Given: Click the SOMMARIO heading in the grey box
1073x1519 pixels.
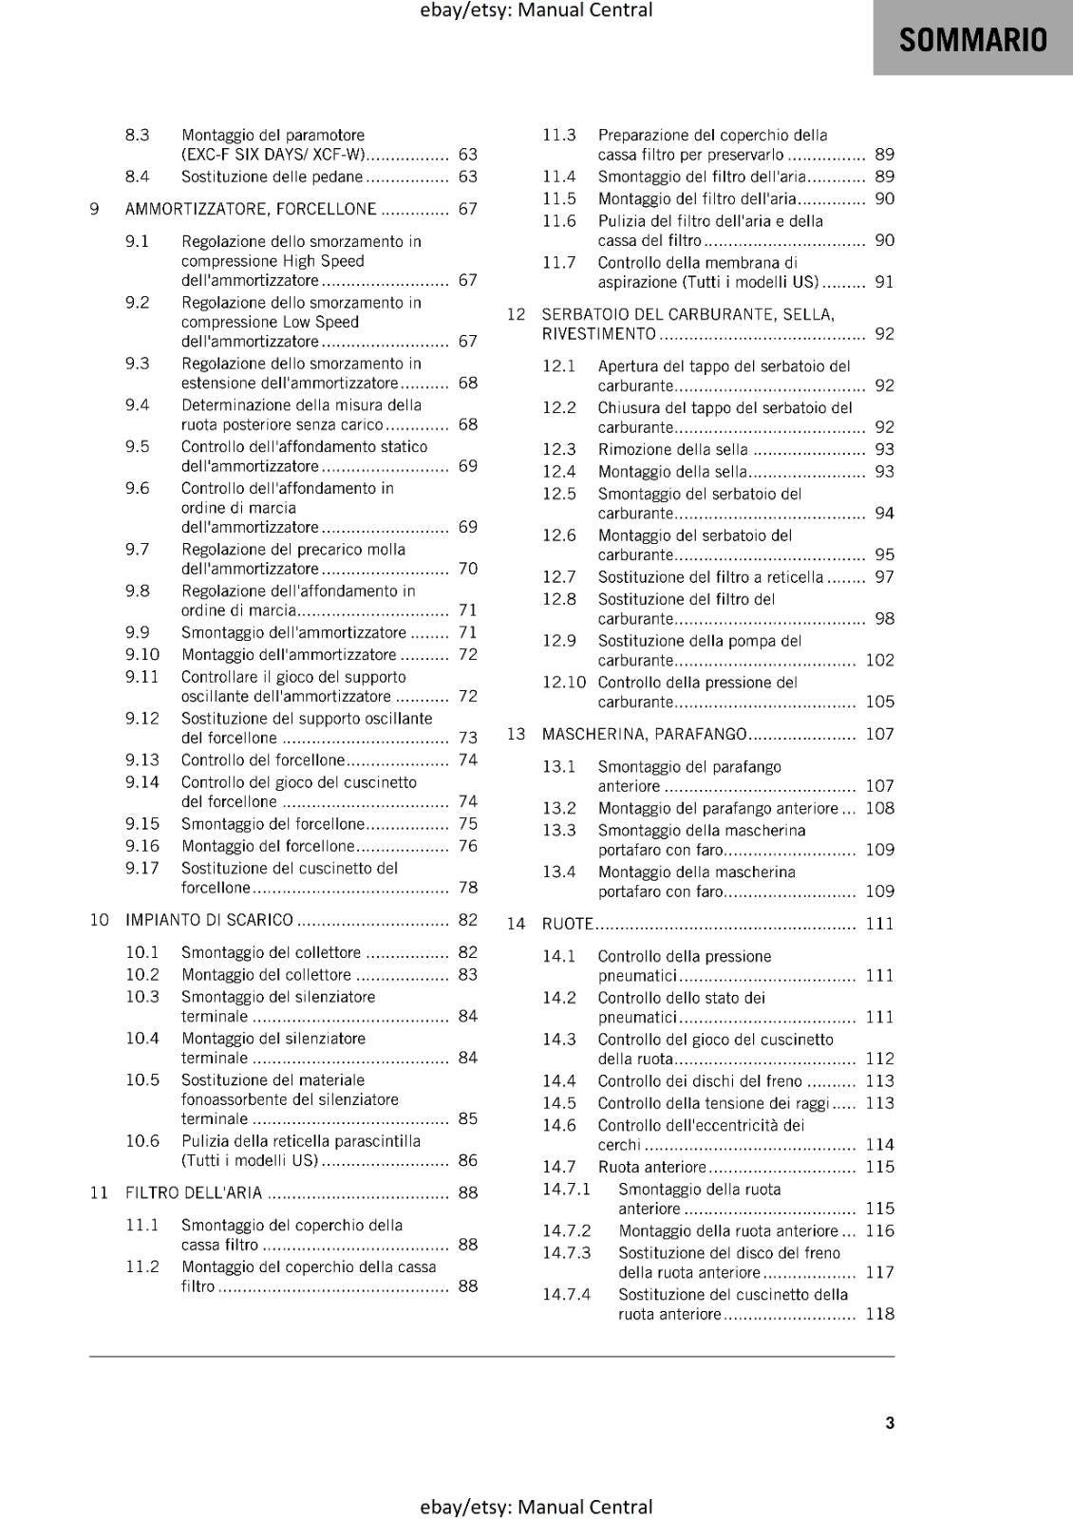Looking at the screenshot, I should tap(972, 40).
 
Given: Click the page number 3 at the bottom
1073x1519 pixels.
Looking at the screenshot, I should tap(889, 1422).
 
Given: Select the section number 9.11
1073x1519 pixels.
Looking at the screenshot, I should tap(141, 677).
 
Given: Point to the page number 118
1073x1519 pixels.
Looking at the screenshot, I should tap(879, 1314).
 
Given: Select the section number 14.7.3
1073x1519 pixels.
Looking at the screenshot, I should tap(566, 1253).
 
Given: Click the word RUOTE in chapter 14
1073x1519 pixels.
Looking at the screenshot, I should tap(567, 924).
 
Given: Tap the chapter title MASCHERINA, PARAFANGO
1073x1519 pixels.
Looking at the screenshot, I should tap(644, 734).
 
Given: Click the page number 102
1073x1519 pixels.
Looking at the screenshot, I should tap(879, 660).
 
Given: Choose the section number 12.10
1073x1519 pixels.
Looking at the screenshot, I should tap(564, 683).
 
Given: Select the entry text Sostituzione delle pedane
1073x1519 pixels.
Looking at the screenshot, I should tap(273, 177).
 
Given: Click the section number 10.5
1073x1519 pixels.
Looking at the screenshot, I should tap(142, 1080).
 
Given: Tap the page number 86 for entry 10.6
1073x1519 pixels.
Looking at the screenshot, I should tap(467, 1160).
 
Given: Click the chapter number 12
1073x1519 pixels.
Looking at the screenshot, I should tap(516, 314).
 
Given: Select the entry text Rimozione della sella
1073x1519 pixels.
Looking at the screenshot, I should tap(672, 449).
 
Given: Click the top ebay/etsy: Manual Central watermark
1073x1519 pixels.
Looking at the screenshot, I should tap(536, 10).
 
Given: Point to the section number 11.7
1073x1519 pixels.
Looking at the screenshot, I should tap(558, 262).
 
